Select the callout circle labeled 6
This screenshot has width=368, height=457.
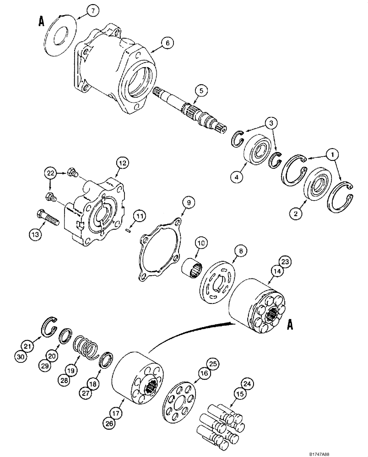tap(168, 43)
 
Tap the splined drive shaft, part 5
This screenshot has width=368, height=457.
tap(192, 112)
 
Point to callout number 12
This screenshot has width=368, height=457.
tap(123, 162)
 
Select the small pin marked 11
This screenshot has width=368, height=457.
tap(130, 231)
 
